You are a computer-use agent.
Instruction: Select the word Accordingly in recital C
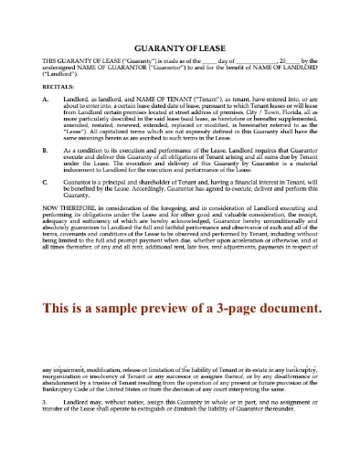(167, 216)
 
